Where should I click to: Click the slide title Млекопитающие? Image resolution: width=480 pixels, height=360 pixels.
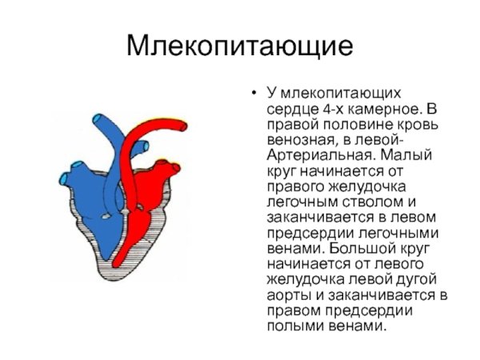(x=240, y=45)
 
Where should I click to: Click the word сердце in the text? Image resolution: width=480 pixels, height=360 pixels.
(x=289, y=108)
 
